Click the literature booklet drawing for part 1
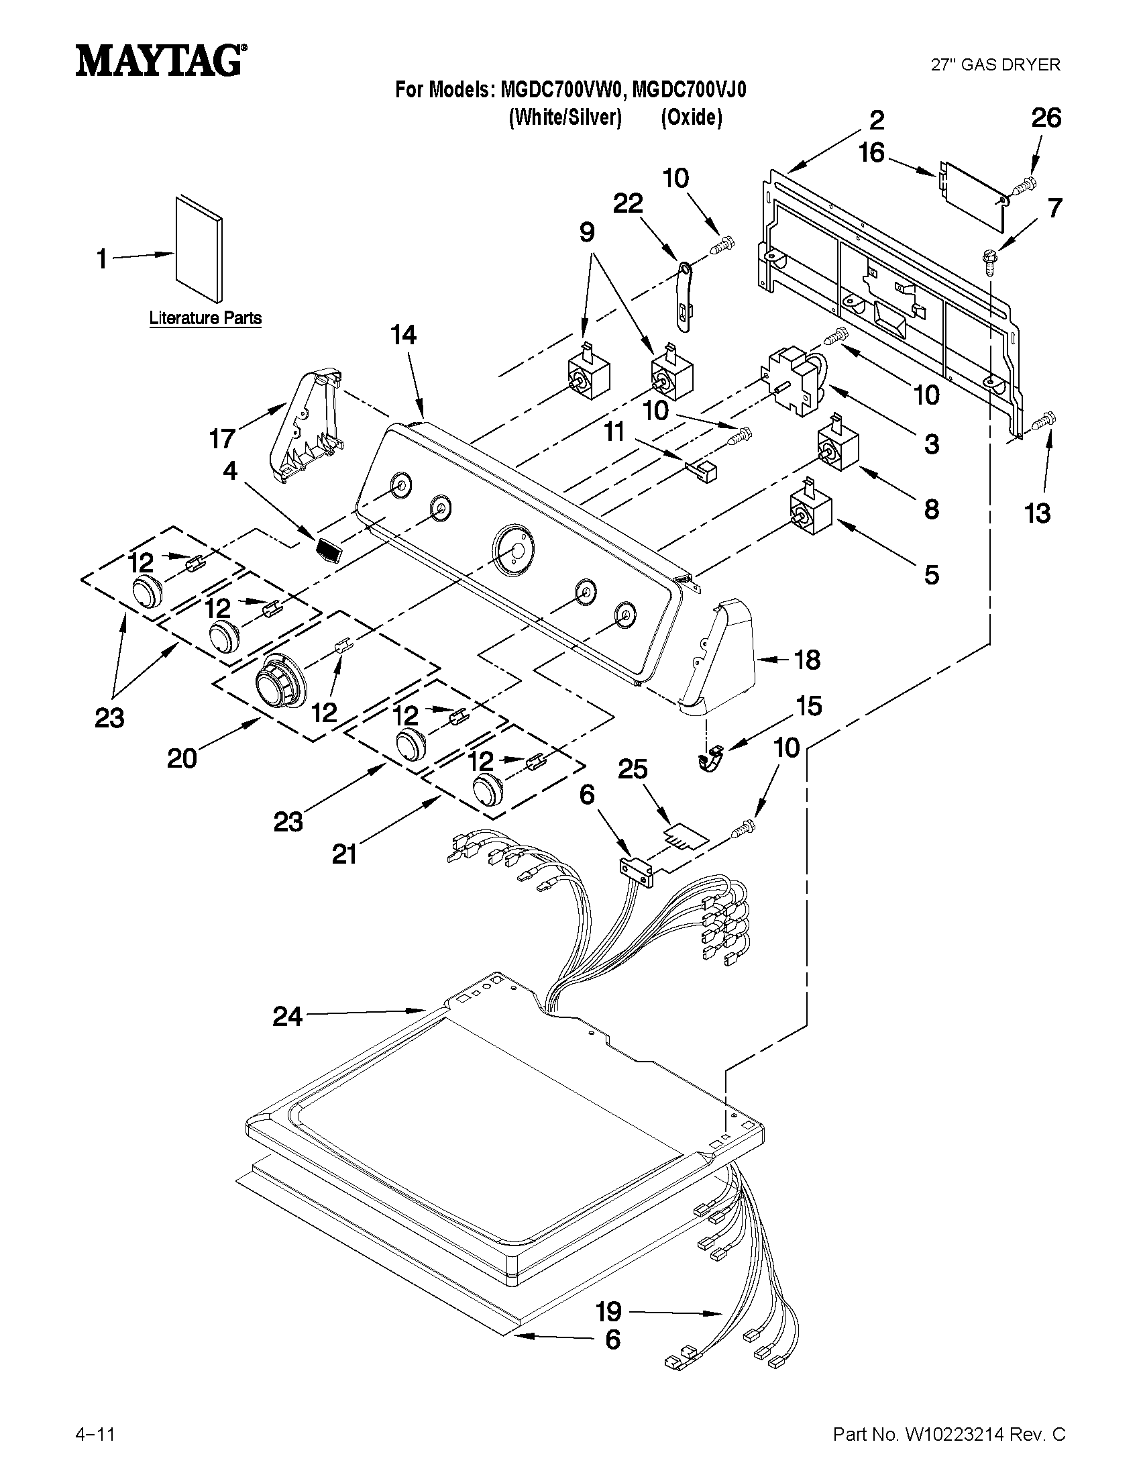click(x=197, y=250)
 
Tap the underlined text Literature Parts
click(x=205, y=318)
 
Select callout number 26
click(x=1046, y=118)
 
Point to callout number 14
click(x=404, y=336)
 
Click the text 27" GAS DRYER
click(x=995, y=65)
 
